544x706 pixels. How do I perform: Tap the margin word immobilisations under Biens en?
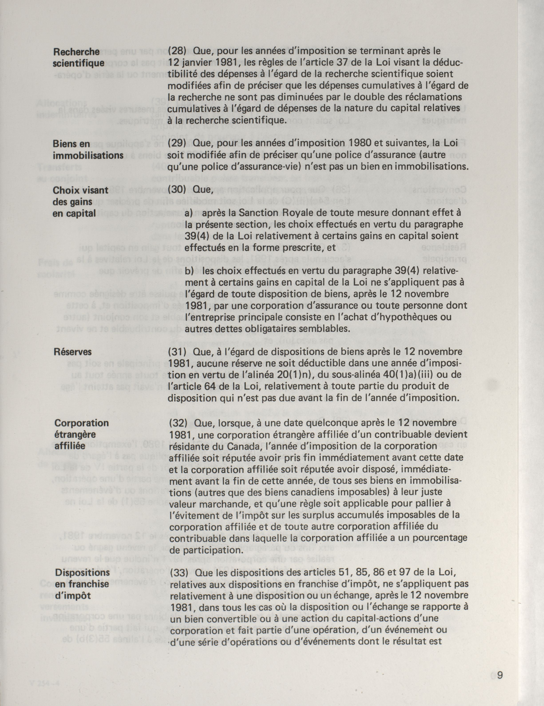(88, 156)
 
